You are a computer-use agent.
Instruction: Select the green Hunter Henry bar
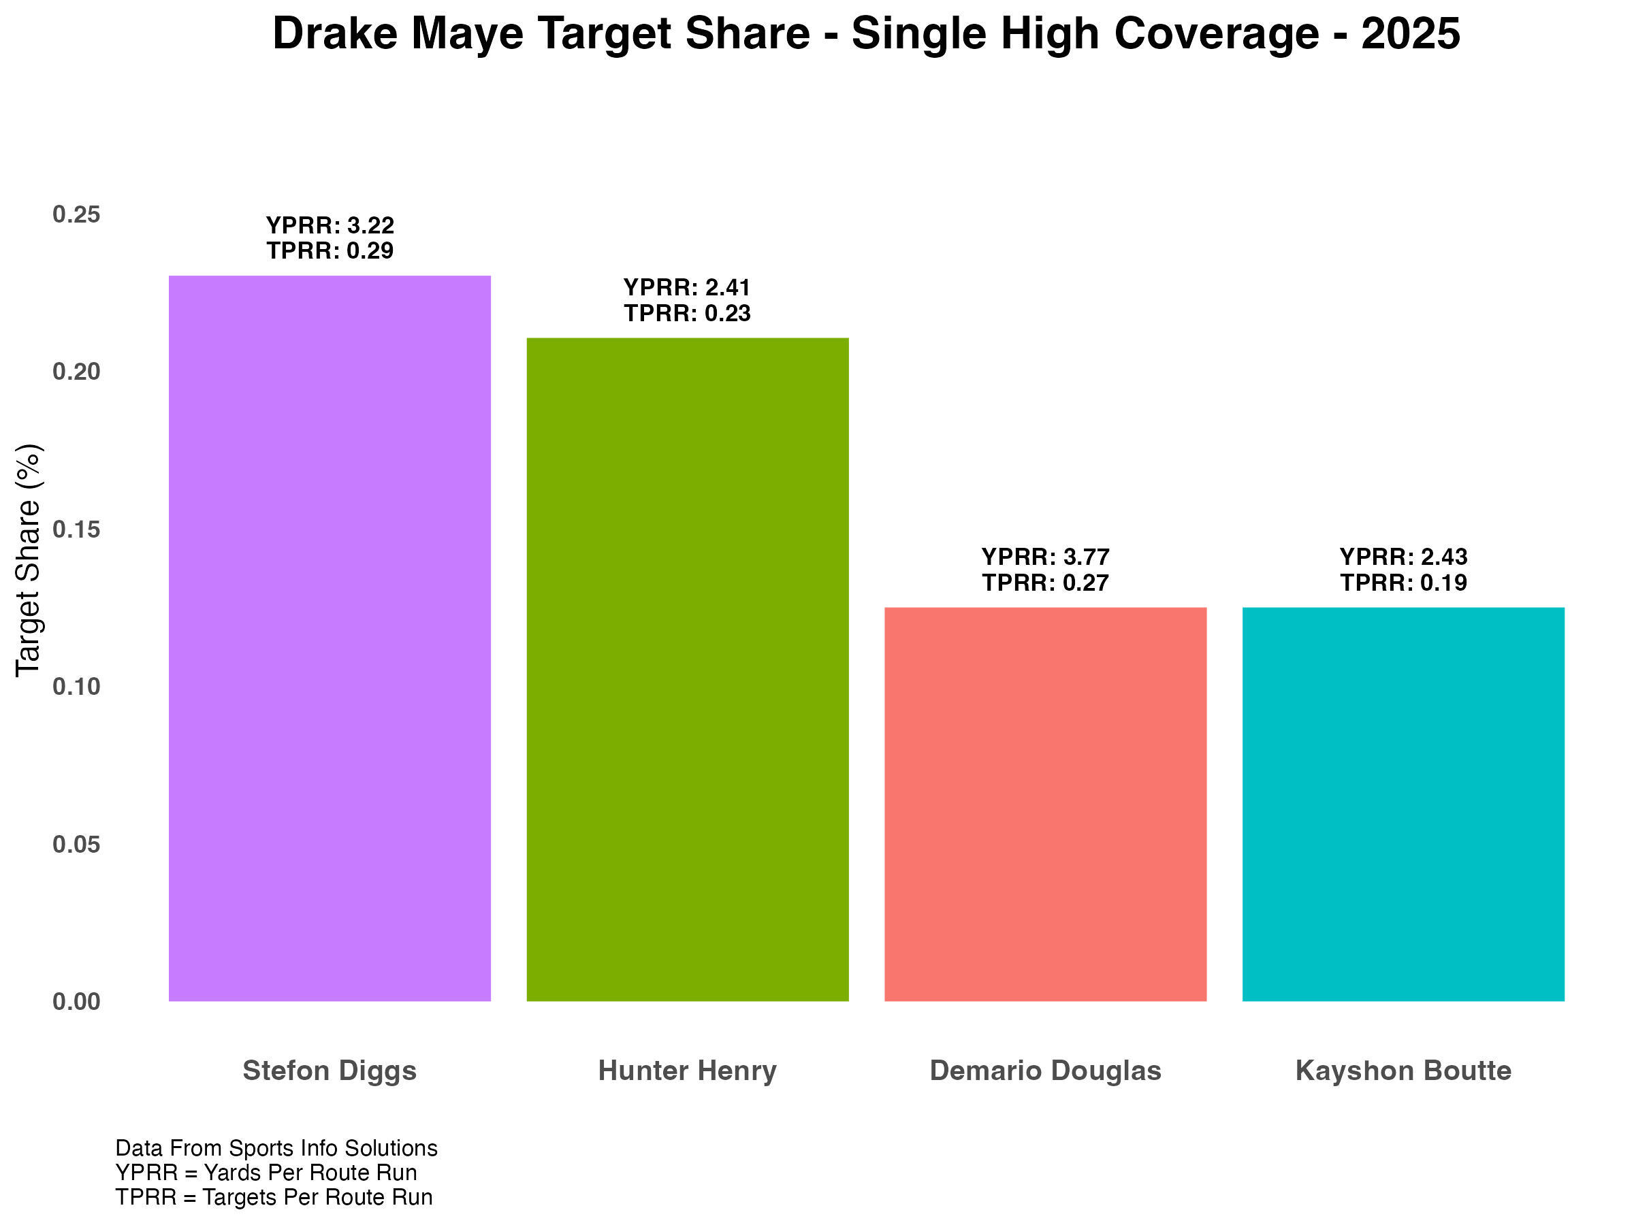click(687, 669)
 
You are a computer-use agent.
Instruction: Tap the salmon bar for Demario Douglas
click(1045, 804)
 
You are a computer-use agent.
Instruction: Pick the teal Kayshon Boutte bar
click(1403, 804)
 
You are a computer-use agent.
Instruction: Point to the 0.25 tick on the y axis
click(76, 215)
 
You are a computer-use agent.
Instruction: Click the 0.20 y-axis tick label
click(76, 372)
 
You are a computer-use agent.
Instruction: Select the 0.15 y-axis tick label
click(76, 529)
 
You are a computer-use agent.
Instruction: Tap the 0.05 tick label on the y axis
click(76, 844)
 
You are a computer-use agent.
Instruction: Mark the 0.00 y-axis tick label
click(76, 1002)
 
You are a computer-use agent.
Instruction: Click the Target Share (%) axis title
click(29, 559)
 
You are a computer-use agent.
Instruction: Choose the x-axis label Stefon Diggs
click(330, 1071)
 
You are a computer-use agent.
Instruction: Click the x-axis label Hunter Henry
click(687, 1071)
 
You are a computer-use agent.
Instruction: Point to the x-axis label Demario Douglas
click(1045, 1071)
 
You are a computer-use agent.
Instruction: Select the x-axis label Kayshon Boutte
click(1403, 1071)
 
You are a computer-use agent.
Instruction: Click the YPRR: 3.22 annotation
click(330, 225)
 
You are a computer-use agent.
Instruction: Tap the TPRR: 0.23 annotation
click(687, 313)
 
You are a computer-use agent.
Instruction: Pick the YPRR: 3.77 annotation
click(1045, 556)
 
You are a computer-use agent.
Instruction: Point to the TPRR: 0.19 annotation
click(1403, 583)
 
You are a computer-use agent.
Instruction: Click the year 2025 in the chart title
click(1410, 34)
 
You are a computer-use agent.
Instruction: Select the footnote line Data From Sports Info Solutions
click(276, 1148)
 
